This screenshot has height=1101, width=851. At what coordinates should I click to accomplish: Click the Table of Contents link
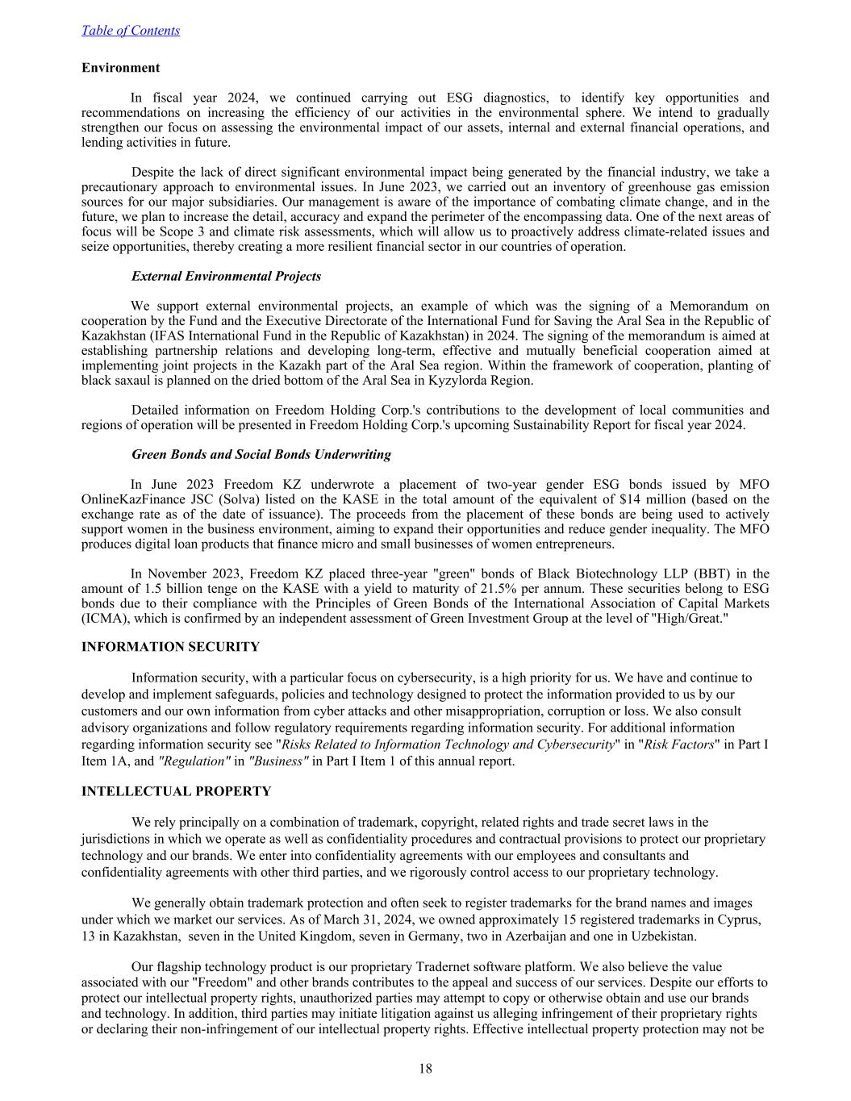(x=131, y=31)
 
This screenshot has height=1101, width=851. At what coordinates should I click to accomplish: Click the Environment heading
(x=121, y=68)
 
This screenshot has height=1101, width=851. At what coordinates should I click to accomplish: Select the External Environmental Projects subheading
(x=226, y=277)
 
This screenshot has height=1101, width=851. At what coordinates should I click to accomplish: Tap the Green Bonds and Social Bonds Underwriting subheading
(x=261, y=455)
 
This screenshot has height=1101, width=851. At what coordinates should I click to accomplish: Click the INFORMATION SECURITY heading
(x=170, y=647)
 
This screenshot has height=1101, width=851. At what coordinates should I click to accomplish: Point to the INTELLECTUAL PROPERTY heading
(x=176, y=792)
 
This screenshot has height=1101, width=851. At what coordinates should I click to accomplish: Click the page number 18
(x=426, y=1070)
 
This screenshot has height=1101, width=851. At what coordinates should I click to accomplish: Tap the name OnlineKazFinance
(x=131, y=499)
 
